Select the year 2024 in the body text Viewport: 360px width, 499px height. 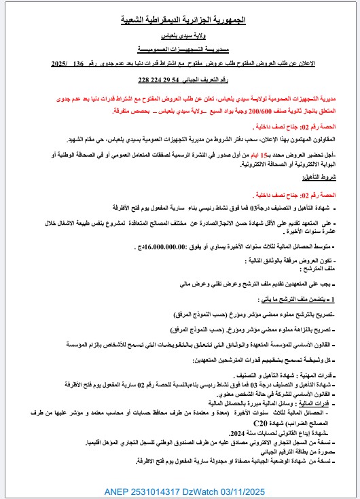[x=236, y=433]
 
